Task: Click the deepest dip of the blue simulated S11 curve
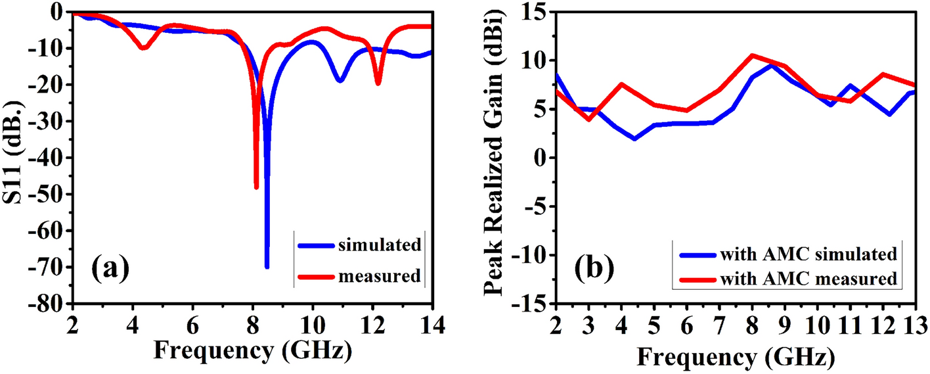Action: pyautogui.click(x=267, y=266)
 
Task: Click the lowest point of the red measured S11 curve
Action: pyautogui.click(x=256, y=187)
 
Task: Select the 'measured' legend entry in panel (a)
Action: pyautogui.click(x=380, y=276)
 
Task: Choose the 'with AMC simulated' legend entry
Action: pyautogui.click(x=808, y=254)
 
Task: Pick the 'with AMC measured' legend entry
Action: pyautogui.click(x=807, y=278)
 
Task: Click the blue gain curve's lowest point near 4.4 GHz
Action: pyautogui.click(x=634, y=139)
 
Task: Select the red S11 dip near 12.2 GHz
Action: pyautogui.click(x=378, y=83)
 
